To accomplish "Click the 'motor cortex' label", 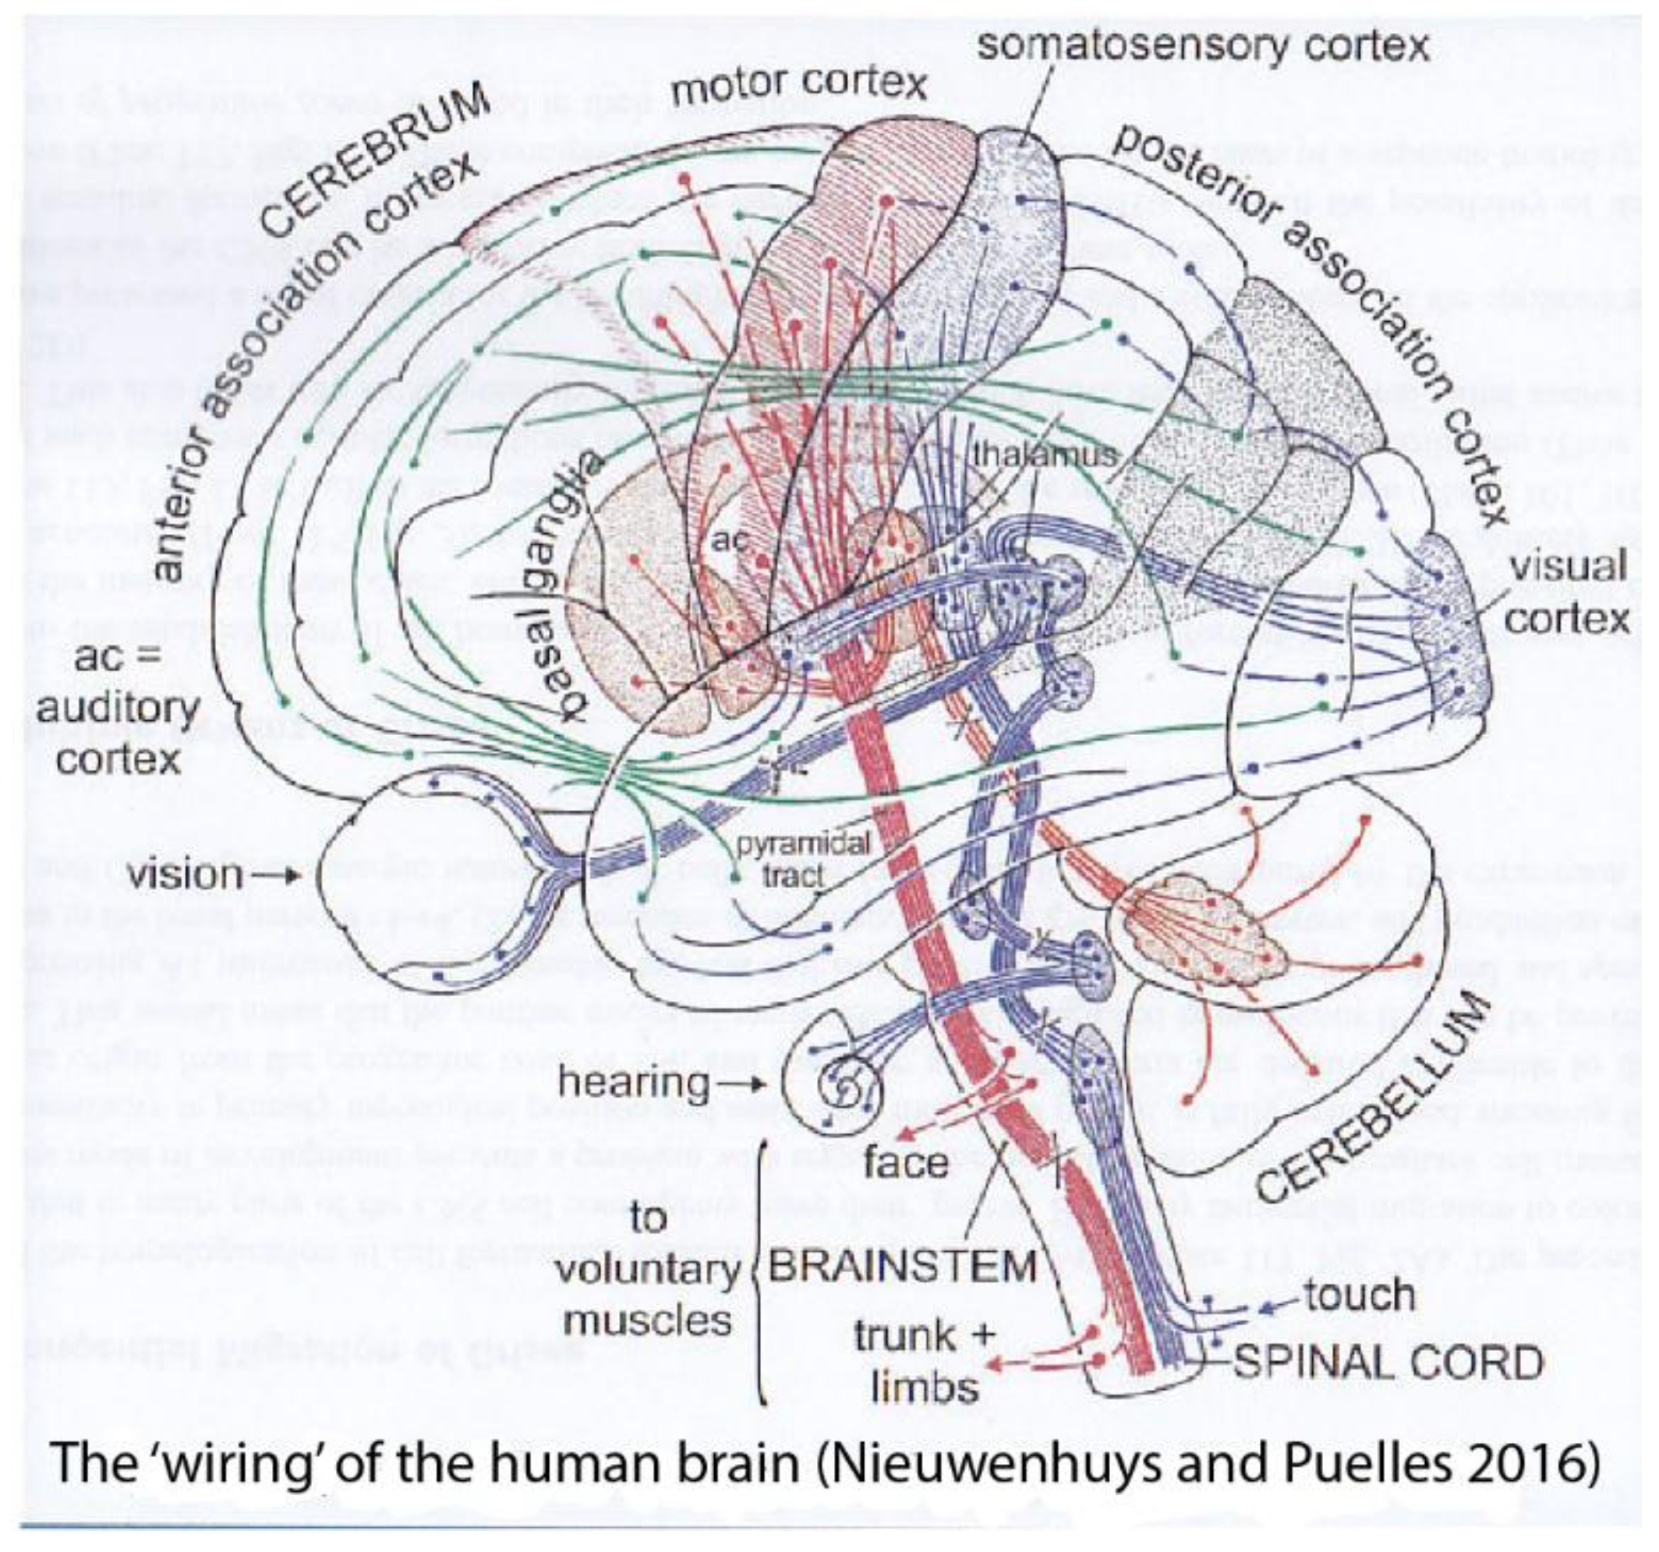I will [x=798, y=83].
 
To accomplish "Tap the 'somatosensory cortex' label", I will [x=1204, y=45].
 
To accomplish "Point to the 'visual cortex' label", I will [x=1566, y=592].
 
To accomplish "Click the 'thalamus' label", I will [x=1044, y=454].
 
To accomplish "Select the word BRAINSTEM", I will [x=902, y=1266].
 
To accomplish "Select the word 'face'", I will [x=905, y=1162].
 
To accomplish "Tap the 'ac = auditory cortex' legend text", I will [x=117, y=708].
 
